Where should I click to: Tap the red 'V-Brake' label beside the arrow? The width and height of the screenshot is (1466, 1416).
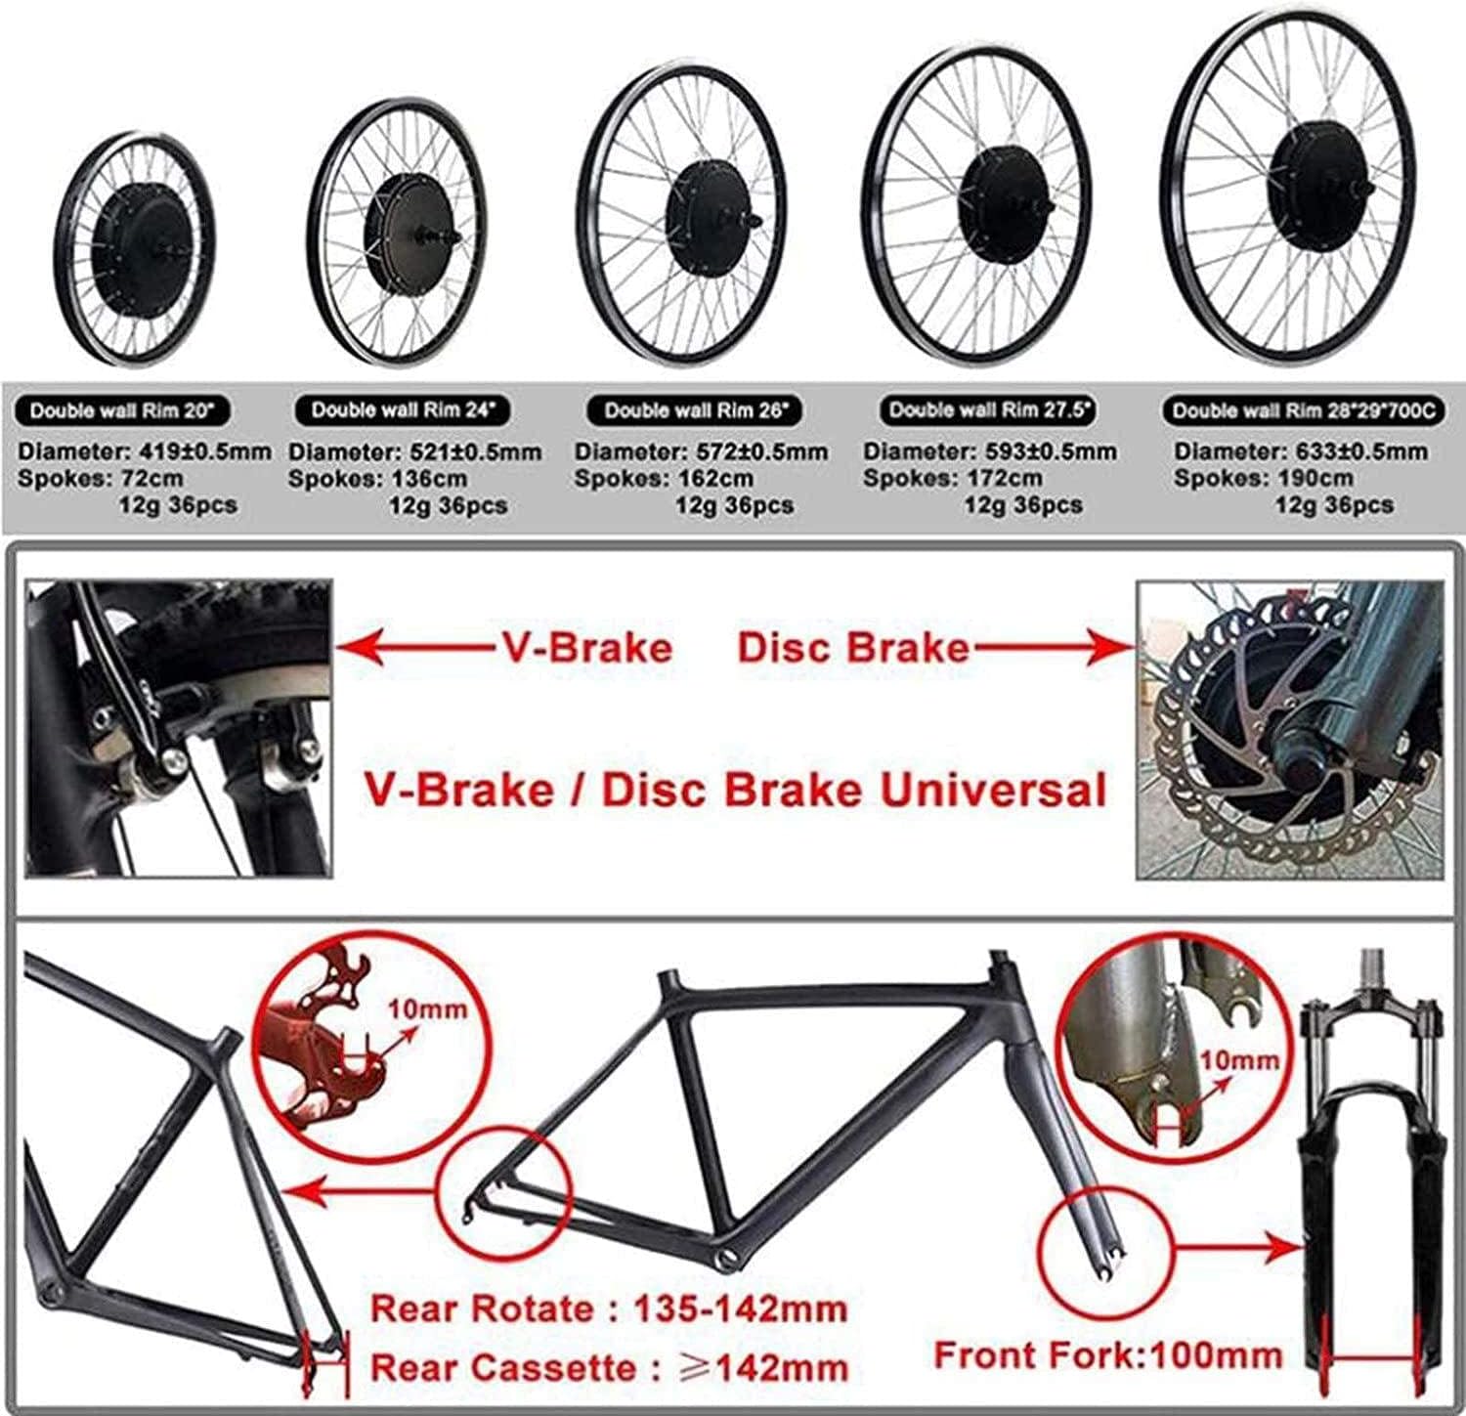582,648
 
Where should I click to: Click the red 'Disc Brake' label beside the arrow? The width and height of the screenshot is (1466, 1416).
852,648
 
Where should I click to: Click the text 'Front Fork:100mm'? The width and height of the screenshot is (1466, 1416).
1108,1355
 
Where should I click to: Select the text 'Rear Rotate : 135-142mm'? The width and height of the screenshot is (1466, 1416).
609,1309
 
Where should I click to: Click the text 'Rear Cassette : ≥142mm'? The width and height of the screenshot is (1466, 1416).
609,1367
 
